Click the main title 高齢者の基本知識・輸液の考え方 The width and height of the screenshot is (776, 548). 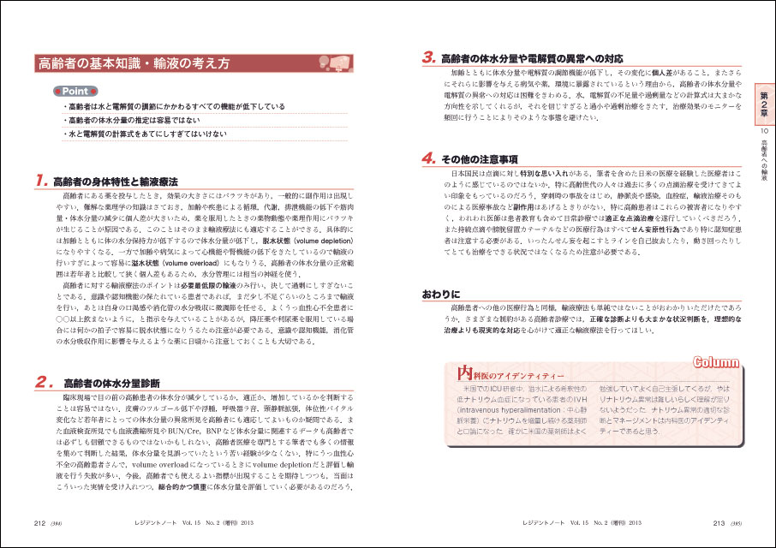tap(133, 63)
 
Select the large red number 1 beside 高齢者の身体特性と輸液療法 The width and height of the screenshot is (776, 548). tap(40, 182)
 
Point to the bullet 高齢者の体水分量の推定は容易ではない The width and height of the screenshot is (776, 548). tap(134, 121)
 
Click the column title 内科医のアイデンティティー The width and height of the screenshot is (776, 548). tap(510, 374)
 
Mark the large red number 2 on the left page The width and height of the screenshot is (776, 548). tap(41, 383)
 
